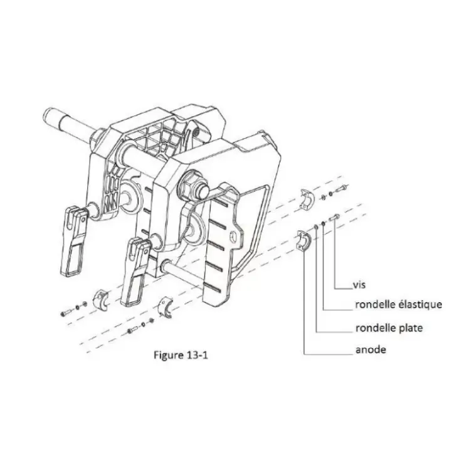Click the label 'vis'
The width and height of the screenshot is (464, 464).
(x=359, y=285)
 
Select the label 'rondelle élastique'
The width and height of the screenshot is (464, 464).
(x=399, y=305)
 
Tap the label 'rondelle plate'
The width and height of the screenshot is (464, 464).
(x=389, y=328)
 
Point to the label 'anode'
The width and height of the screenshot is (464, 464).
(x=371, y=350)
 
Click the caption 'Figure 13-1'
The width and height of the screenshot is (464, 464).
(x=181, y=355)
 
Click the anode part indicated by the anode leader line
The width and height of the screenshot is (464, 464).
(x=303, y=240)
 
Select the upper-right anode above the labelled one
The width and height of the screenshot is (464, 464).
(x=306, y=199)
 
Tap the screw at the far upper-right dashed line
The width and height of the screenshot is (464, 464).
(x=341, y=187)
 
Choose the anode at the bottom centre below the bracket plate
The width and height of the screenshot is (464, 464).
(x=166, y=308)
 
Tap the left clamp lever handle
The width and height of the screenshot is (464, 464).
(x=73, y=241)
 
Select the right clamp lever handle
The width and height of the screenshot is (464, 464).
(x=135, y=271)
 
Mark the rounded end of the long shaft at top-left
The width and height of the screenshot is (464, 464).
(x=48, y=115)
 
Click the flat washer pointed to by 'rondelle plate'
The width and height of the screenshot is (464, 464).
(x=316, y=227)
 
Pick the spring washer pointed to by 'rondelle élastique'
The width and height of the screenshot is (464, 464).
(x=324, y=223)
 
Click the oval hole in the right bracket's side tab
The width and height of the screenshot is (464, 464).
(x=233, y=236)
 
